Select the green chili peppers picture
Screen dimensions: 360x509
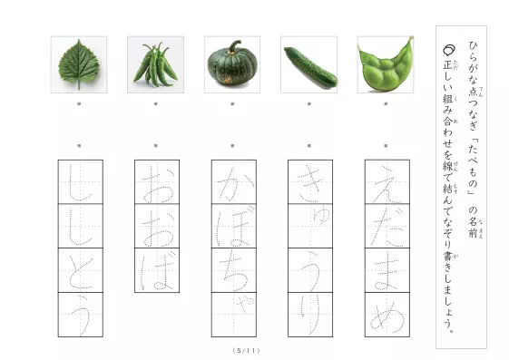coord(155,64)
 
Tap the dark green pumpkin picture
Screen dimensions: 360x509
coord(232,66)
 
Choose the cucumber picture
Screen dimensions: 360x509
coord(309,65)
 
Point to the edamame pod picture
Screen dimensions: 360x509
coord(386,65)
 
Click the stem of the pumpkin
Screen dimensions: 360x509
coord(234,46)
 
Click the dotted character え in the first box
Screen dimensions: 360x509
coord(386,181)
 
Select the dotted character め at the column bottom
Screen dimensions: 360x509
coord(386,314)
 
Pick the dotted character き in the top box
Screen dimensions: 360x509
coord(308,181)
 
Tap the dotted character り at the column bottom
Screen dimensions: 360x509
coord(309,314)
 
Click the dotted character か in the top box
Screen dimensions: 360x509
coord(232,181)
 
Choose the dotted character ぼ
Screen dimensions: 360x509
coord(232,226)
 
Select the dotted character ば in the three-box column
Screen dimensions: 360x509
coord(155,269)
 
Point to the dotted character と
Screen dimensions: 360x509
coord(79,269)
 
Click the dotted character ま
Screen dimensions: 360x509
coord(386,269)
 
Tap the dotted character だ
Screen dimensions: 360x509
coord(386,226)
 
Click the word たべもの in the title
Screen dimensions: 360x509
coord(472,161)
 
